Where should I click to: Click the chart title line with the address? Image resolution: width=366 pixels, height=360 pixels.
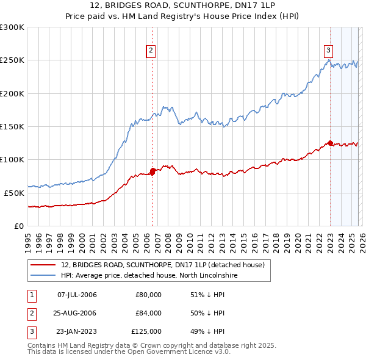tap(182, 5)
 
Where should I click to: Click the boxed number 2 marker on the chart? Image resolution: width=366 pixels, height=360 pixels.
tap(151, 51)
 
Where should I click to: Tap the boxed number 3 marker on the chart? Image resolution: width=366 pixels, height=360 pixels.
tap(328, 51)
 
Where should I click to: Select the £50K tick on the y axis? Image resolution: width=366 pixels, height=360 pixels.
tap(14, 193)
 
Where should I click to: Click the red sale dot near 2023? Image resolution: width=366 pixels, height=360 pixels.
tap(330, 143)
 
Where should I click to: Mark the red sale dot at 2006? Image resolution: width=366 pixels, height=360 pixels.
tap(152, 171)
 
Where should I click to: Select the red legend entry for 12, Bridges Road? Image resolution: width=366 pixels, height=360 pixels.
tap(162, 265)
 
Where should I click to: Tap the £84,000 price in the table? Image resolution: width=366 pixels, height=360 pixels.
tap(148, 313)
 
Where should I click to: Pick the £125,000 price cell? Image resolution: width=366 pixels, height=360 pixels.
tap(146, 331)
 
